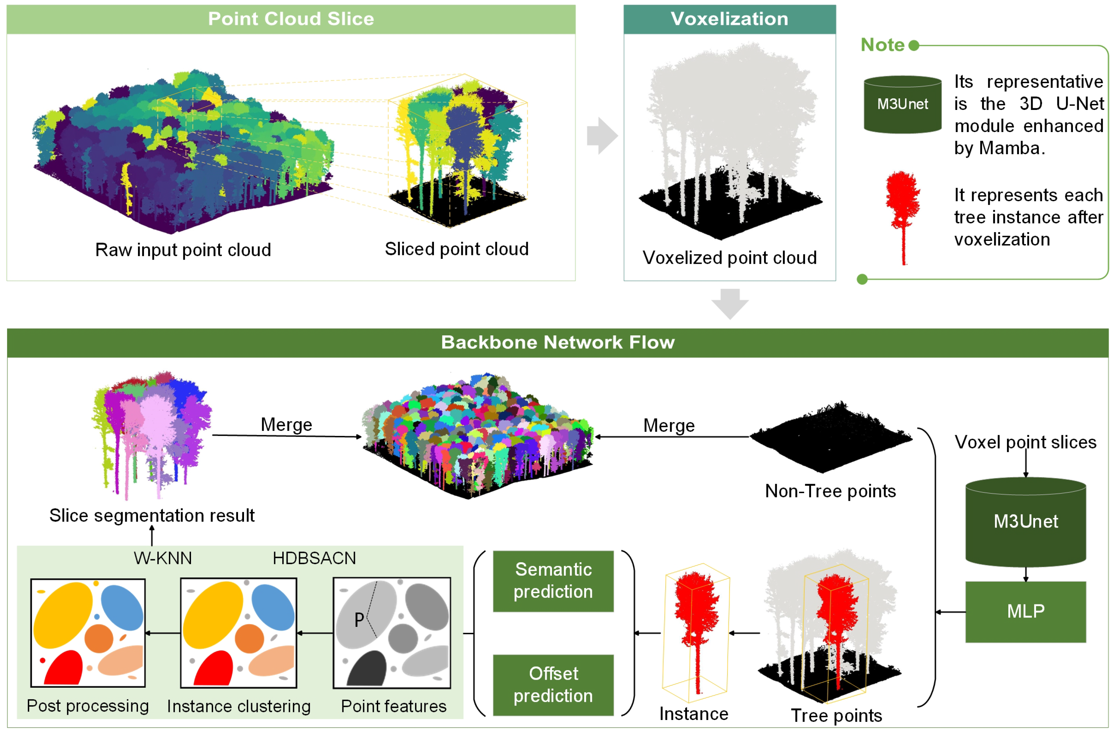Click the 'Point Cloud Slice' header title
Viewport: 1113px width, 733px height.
(x=291, y=19)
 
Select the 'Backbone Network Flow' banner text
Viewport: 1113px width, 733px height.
(x=558, y=342)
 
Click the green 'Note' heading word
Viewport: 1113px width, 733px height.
(x=882, y=45)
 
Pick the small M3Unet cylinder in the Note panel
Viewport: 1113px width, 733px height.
(x=902, y=104)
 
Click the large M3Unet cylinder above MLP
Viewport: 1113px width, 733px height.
(x=1026, y=521)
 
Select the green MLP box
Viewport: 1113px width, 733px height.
(x=1026, y=611)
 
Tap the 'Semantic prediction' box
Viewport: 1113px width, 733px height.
(x=553, y=581)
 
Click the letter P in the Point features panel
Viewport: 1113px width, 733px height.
(x=359, y=620)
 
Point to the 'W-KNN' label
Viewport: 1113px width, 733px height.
(x=163, y=558)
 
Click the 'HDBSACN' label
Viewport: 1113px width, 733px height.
(x=314, y=558)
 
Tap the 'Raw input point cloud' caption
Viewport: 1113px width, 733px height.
(x=183, y=250)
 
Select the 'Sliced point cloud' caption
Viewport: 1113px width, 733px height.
(x=456, y=249)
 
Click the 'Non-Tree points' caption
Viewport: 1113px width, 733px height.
(x=830, y=491)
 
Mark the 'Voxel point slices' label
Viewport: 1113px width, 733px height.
(x=1025, y=442)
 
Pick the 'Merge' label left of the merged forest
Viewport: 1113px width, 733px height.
(x=286, y=425)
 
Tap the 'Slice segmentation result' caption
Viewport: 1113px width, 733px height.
(x=152, y=516)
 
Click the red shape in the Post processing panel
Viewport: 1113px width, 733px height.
(x=64, y=668)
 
